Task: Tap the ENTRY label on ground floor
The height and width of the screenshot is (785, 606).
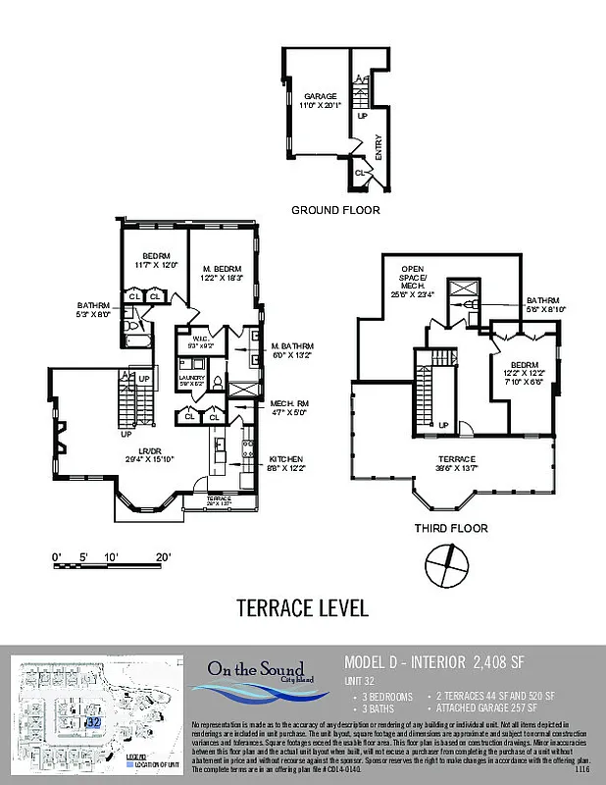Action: pos(379,147)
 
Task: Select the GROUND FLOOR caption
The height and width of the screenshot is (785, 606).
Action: pos(335,210)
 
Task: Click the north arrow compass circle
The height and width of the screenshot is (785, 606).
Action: pos(451,566)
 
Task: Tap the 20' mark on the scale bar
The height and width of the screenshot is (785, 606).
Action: pos(163,557)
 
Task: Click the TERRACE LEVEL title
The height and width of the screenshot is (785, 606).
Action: pos(302,608)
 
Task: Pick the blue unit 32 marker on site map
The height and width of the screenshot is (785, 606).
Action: pos(94,721)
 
